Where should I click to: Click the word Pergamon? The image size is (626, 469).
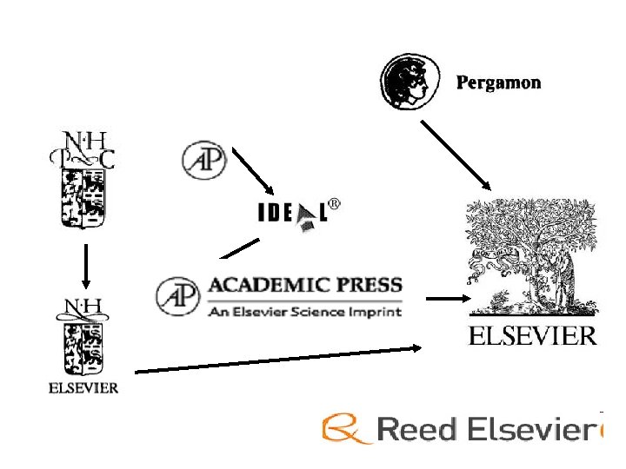click(498, 83)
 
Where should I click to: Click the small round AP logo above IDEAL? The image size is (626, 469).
click(204, 161)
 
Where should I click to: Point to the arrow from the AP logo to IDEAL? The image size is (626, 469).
click(253, 174)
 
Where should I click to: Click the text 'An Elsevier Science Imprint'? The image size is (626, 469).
click(304, 311)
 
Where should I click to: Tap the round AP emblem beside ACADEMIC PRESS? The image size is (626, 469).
click(177, 296)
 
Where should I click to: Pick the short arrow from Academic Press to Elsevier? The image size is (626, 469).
click(443, 299)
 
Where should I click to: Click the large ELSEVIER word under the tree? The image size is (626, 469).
click(532, 336)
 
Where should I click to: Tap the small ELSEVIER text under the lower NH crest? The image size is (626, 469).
click(83, 388)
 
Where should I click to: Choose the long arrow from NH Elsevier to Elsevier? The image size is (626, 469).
click(278, 359)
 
